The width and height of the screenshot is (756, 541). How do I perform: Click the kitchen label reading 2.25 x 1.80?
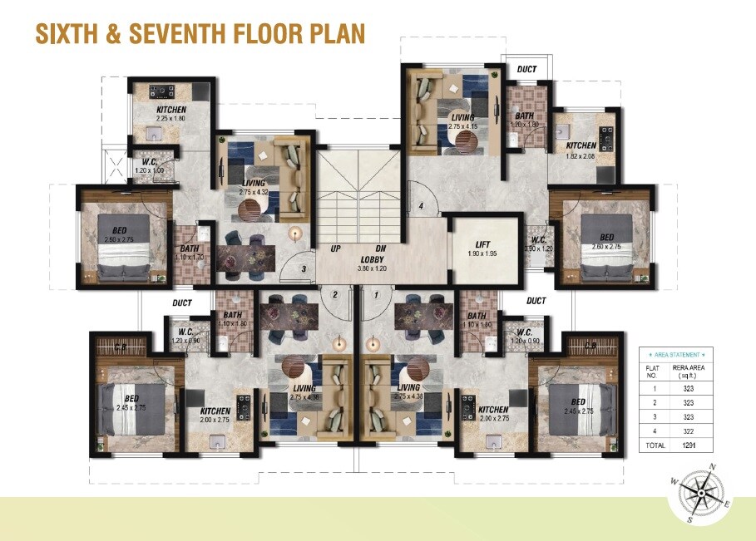(x=171, y=118)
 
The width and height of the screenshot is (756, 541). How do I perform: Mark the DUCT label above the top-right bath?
(x=526, y=70)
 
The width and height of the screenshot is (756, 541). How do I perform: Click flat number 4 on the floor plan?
(x=422, y=206)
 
